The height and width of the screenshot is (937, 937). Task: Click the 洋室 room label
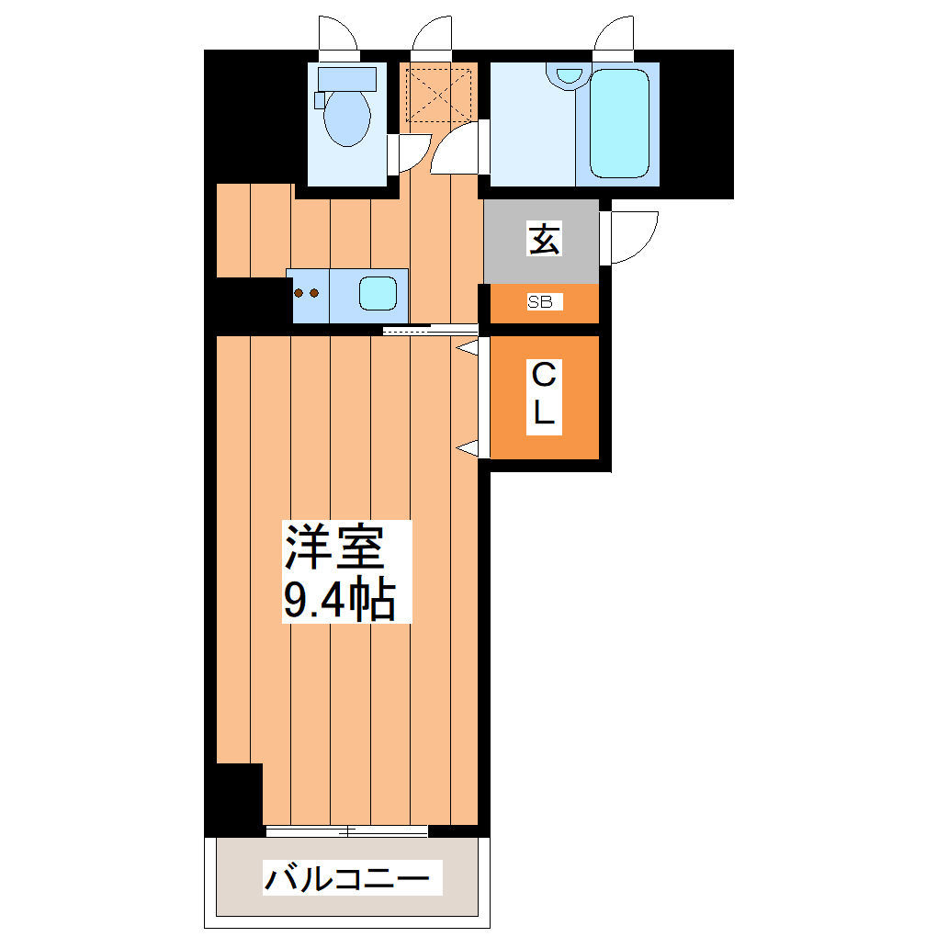333,548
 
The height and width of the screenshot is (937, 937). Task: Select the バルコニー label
346,878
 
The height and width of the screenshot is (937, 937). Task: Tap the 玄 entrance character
543,240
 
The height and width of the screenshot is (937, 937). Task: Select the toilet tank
347,78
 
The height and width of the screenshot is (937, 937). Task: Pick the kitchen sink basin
378,293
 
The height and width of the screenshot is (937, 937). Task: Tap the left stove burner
299,294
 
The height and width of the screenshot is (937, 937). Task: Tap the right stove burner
314,294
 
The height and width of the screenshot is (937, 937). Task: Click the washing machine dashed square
439,93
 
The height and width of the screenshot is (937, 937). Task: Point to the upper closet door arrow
468,348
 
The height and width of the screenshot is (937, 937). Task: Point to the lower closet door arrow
468,447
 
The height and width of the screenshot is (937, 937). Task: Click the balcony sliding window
347,832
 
